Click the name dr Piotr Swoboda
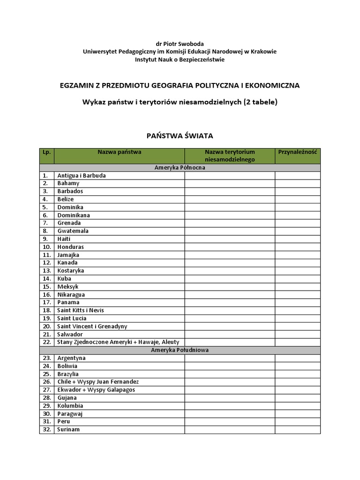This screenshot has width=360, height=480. [180, 44]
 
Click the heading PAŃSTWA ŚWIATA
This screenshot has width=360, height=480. [180, 136]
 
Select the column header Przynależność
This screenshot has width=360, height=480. [298, 152]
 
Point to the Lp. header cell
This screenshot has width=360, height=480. [46, 152]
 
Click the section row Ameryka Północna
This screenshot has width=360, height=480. [180, 167]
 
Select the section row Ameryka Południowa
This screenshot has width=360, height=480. [180, 350]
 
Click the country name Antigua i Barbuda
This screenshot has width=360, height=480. [82, 175]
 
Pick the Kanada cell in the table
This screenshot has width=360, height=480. [67, 262]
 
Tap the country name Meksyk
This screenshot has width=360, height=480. [68, 286]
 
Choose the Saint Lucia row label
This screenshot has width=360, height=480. [72, 318]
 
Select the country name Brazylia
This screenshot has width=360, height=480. [68, 374]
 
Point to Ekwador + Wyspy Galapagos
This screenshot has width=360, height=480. [96, 390]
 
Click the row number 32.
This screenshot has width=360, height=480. [46, 429]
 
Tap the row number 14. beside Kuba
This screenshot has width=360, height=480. [46, 278]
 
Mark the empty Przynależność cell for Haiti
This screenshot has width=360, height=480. [298, 239]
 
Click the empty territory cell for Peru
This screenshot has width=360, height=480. [229, 421]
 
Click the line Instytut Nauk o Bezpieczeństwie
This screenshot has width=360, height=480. [180, 60]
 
